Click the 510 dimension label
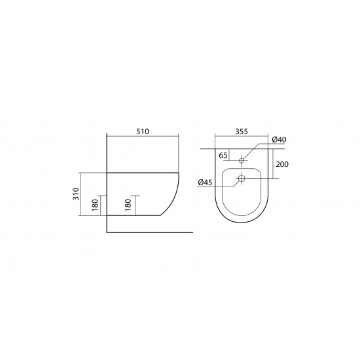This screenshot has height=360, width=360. coord(143,132)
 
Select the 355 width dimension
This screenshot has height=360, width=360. coord(242,132)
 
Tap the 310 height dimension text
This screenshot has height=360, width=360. coord(76,194)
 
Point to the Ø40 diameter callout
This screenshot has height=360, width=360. coord(279,139)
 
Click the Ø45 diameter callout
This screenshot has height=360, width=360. coord(205,183)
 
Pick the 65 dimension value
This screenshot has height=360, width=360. coord(223,155)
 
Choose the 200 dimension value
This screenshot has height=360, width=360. coord(282,164)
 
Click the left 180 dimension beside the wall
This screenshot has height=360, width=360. coord(95,205)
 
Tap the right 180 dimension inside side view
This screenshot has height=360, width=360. coord(128,205)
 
